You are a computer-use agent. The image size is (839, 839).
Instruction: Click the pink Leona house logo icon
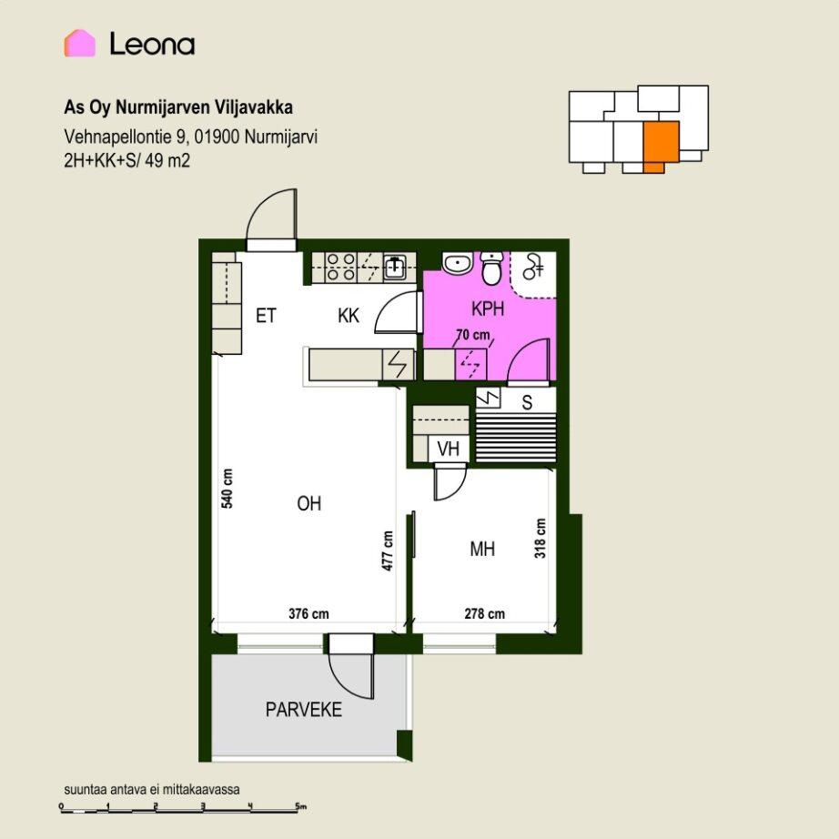80,44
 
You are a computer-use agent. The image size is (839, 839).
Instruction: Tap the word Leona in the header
152,44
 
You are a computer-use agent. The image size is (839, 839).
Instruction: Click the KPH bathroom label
488,308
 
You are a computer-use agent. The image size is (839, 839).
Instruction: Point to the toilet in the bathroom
491,268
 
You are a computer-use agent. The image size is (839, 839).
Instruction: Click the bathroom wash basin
457,263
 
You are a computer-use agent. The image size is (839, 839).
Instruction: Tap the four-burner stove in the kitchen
341,267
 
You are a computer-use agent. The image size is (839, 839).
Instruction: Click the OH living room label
308,503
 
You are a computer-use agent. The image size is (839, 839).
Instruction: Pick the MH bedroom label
482,549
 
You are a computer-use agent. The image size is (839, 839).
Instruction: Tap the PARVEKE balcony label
303,710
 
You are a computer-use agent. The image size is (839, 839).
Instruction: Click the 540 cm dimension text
227,488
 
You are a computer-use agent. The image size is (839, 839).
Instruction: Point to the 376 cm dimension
308,613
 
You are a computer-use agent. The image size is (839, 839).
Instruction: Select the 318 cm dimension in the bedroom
541,538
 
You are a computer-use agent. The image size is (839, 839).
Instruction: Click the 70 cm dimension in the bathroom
473,335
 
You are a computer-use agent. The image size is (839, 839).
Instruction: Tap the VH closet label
449,449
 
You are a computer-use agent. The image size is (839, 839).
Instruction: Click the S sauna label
527,402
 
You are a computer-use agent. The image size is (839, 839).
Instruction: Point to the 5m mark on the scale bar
300,806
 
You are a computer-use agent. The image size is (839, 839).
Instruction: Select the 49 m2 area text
167,160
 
